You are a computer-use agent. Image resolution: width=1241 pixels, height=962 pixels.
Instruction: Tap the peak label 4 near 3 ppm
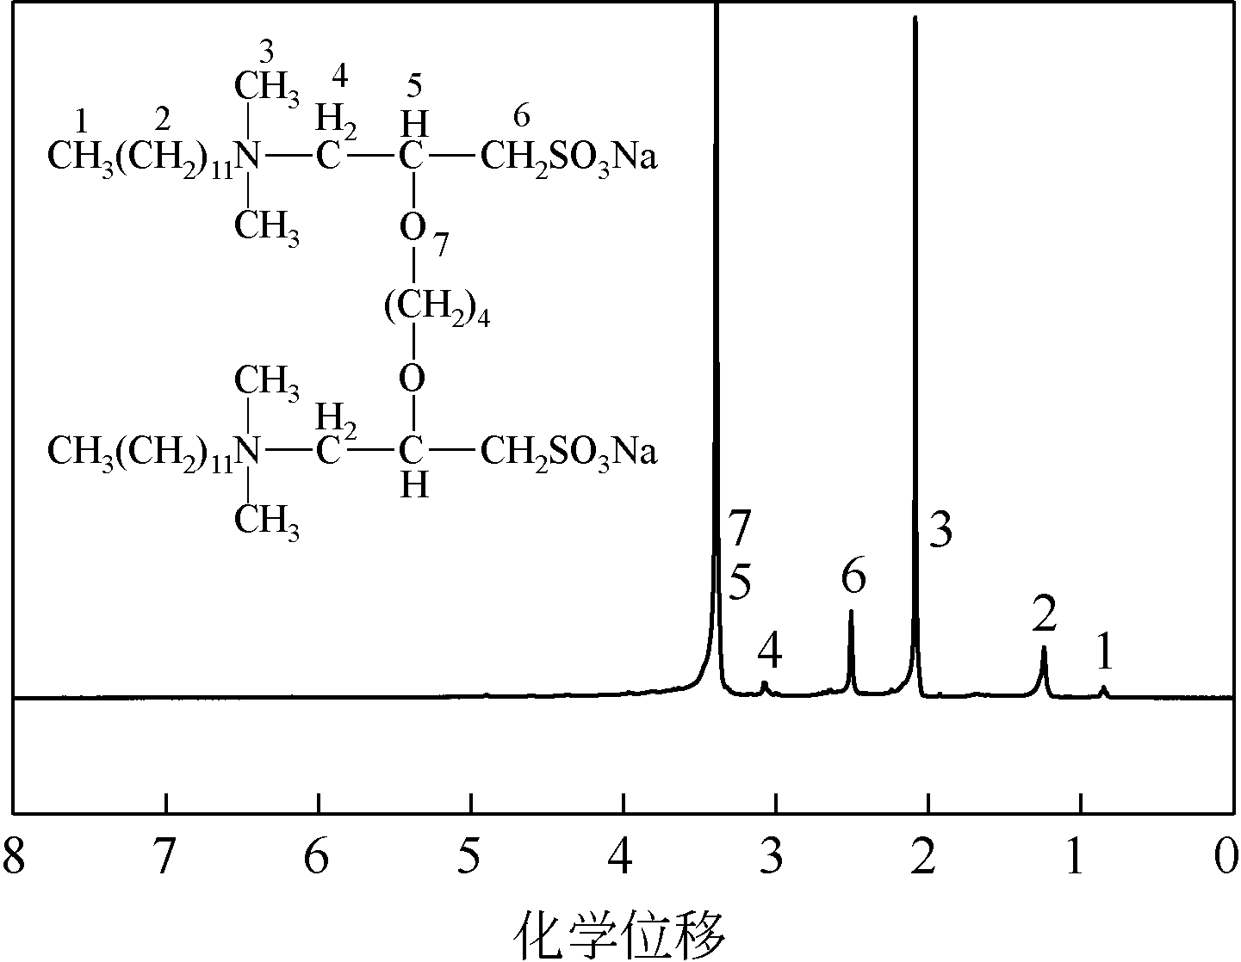769,651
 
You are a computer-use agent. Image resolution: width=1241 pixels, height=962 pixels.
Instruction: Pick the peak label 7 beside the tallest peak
739,527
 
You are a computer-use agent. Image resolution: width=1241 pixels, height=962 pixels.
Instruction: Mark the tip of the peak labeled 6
851,612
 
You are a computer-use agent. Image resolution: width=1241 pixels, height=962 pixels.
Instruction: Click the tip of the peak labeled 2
1044,648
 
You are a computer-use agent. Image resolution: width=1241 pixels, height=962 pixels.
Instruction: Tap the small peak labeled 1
1104,688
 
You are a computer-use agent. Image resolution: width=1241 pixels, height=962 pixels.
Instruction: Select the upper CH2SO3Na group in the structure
568,158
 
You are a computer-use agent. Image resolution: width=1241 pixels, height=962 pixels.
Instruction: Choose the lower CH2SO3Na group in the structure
568,451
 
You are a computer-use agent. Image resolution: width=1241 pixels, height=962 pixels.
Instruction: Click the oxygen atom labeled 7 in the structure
413,229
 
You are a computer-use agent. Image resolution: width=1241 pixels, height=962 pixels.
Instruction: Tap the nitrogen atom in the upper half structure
248,157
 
